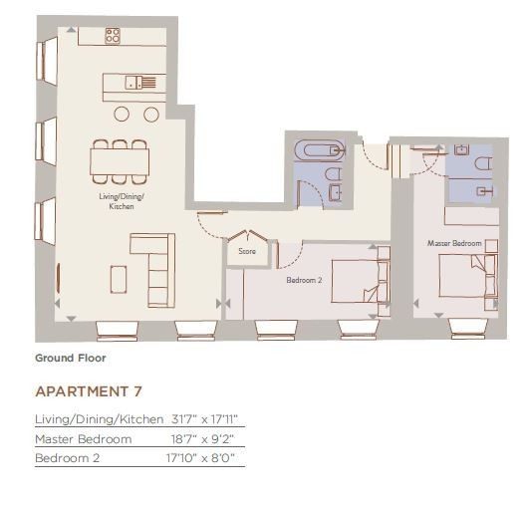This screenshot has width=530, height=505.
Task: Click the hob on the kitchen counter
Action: pos(113,36)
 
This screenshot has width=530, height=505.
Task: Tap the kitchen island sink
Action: pos(134,83)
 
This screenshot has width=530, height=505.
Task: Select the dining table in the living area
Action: pos(120,162)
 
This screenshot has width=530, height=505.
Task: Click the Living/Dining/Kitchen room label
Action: pos(122,201)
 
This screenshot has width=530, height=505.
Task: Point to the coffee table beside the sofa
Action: pos(119,279)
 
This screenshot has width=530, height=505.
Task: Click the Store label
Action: pos(247,251)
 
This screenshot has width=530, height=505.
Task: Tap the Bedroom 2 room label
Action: pos(304,280)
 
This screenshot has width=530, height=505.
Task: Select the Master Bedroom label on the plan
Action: pos(454,243)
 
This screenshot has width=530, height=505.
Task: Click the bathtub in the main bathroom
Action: pos(320,150)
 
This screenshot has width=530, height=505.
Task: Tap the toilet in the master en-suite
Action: pos(483,164)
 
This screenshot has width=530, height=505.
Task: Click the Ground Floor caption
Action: pos(71,358)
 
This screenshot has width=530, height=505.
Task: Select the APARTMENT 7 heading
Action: pos(89,391)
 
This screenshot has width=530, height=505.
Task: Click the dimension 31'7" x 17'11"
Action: pos(205,419)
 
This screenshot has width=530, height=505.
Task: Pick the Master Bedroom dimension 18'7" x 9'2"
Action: pos(202,439)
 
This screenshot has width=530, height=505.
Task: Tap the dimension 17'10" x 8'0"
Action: pos(200,458)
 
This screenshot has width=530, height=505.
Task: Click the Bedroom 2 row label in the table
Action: pos(68,458)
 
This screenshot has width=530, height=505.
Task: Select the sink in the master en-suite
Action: pos(461,149)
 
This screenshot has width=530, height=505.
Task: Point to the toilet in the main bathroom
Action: pos(334,174)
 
